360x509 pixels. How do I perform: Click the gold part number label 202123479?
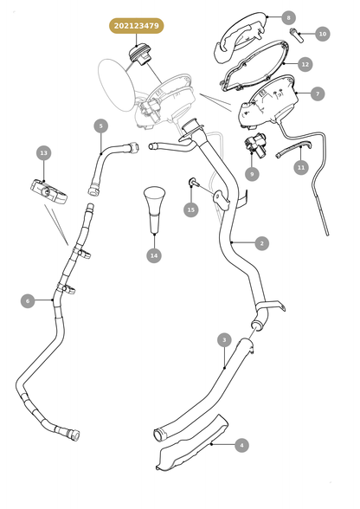[x=137, y=26]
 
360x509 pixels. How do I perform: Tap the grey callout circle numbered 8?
[x=288, y=17]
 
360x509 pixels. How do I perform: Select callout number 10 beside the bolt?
[x=322, y=34]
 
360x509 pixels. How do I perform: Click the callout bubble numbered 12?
[x=305, y=64]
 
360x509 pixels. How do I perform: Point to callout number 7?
[x=318, y=93]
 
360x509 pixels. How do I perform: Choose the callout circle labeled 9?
[x=252, y=174]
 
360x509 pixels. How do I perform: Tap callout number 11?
[x=301, y=168]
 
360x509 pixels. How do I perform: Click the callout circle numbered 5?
[x=101, y=126]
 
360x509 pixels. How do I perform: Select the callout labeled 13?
[x=44, y=153]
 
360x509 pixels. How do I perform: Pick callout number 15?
[x=191, y=209]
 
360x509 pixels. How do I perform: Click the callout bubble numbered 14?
[x=154, y=255]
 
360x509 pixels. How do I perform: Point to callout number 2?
[x=262, y=243]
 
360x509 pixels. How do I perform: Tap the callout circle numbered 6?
[x=28, y=301]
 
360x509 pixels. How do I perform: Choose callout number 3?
[x=224, y=340]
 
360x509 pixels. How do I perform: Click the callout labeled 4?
[x=241, y=445]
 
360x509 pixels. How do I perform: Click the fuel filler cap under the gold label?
[x=139, y=55]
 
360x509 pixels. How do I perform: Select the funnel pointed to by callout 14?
[x=154, y=209]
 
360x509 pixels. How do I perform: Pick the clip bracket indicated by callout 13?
[x=49, y=192]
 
